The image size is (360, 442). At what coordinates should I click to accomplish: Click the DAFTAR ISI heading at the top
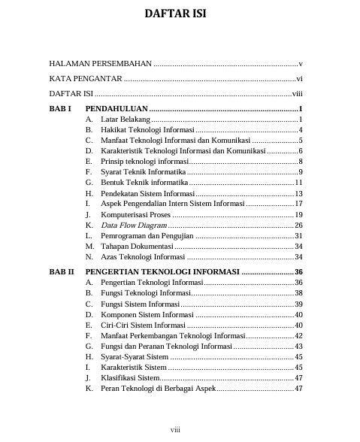175,14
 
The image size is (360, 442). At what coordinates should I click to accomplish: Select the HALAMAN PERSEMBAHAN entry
101,64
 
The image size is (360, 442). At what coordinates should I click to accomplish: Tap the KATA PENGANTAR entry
86,79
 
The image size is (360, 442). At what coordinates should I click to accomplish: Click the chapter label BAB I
59,109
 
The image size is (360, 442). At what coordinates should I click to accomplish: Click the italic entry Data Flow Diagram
134,225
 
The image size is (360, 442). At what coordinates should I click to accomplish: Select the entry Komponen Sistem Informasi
147,314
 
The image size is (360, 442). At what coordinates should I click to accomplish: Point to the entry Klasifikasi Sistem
130,377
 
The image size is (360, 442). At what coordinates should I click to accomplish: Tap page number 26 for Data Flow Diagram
298,225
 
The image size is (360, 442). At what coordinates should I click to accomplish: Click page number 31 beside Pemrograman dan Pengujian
298,236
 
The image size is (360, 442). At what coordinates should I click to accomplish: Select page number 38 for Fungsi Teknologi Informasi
298,292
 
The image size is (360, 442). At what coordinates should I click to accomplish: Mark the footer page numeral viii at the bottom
175,429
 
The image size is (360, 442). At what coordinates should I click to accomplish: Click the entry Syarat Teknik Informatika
143,172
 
